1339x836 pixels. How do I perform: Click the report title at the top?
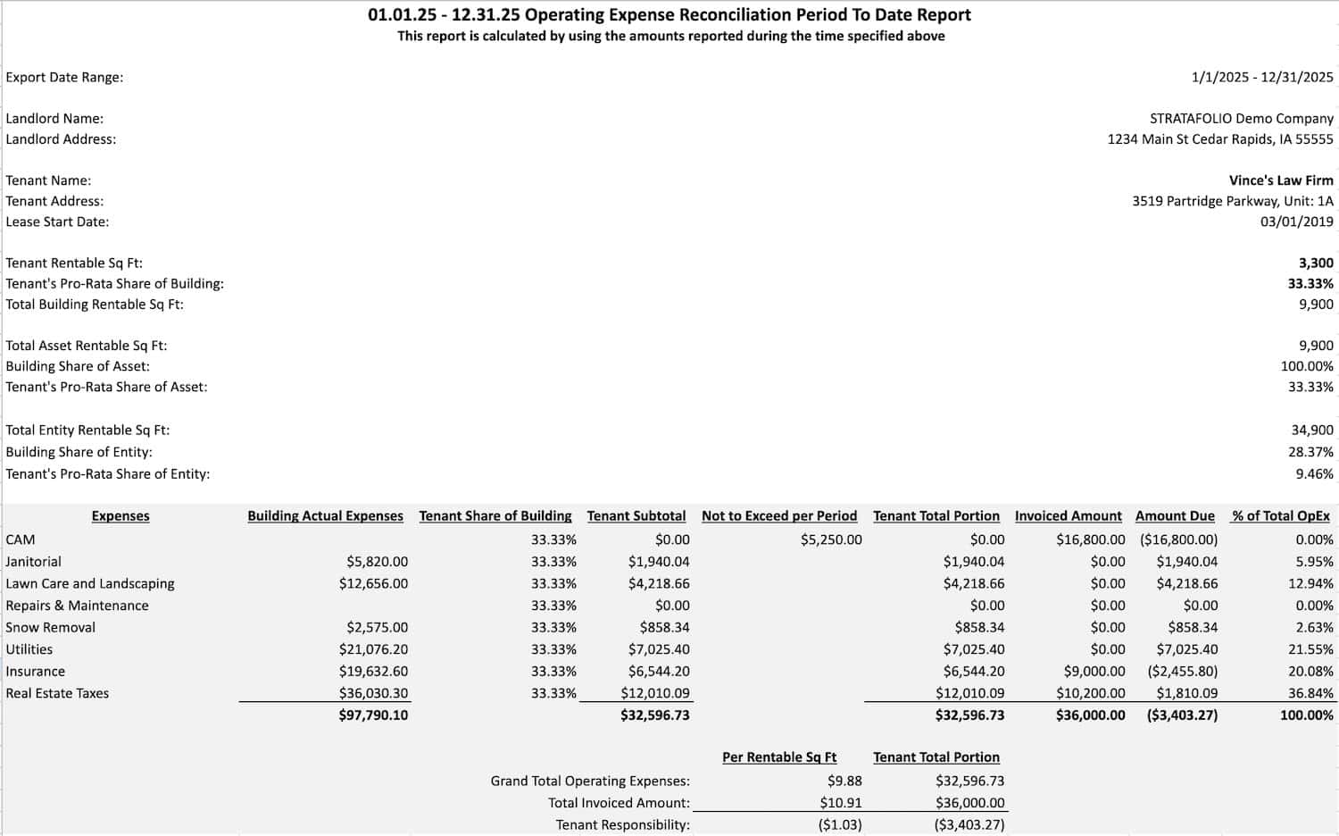pyautogui.click(x=669, y=15)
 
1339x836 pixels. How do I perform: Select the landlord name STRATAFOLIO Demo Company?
pyautogui.click(x=1241, y=118)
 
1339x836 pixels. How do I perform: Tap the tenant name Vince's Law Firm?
pyautogui.click(x=1280, y=180)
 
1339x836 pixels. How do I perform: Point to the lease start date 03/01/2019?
pyautogui.click(x=1296, y=222)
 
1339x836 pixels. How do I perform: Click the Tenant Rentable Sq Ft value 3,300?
pyautogui.click(x=1316, y=263)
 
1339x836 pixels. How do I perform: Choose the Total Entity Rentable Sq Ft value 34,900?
pyautogui.click(x=1312, y=430)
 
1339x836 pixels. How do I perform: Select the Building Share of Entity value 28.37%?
pyautogui.click(x=1310, y=452)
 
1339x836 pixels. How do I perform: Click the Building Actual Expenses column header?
pyautogui.click(x=325, y=516)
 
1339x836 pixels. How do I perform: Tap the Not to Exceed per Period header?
pyautogui.click(x=778, y=516)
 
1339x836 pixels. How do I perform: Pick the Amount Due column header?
pyautogui.click(x=1175, y=516)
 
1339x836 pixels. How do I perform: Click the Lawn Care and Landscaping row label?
pyautogui.click(x=90, y=583)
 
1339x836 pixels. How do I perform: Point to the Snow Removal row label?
pyautogui.click(x=51, y=627)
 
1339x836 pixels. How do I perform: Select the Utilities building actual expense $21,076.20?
pyautogui.click(x=373, y=649)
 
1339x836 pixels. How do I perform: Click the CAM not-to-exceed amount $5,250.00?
pyautogui.click(x=831, y=539)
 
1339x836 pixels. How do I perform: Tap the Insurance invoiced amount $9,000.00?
pyautogui.click(x=1094, y=671)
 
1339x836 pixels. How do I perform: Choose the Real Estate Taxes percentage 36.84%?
pyautogui.click(x=1314, y=693)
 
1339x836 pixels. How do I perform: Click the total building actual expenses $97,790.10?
pyautogui.click(x=373, y=715)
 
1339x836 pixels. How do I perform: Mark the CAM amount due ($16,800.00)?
pyautogui.click(x=1178, y=539)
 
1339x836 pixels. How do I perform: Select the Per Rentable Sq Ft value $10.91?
pyautogui.click(x=841, y=803)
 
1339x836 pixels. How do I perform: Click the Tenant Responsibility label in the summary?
pyautogui.click(x=622, y=824)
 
